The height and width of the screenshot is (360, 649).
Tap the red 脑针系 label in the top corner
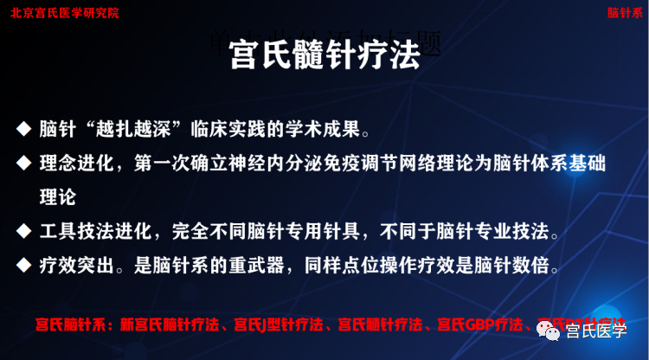coord(625,13)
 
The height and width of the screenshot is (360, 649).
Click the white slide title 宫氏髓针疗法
coord(324,56)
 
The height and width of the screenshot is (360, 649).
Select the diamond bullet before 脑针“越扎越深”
coord(23,130)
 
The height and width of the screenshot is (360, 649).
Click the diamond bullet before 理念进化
coord(23,163)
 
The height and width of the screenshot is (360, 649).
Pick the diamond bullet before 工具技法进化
coord(23,232)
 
